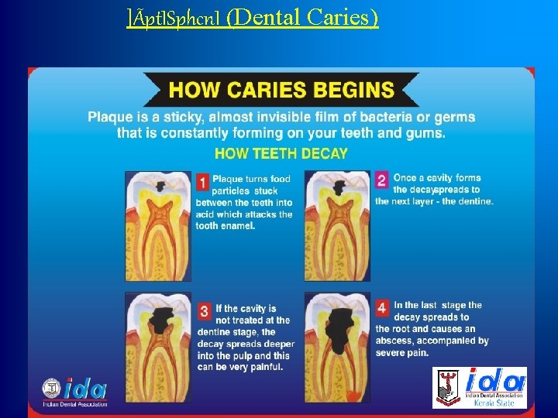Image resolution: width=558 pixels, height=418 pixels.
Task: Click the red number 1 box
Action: click(x=202, y=183)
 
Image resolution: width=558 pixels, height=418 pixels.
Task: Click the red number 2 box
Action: click(x=381, y=180)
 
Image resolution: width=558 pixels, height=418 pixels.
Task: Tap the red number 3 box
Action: click(x=205, y=312)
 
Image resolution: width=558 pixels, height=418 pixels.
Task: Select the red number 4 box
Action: click(x=382, y=308)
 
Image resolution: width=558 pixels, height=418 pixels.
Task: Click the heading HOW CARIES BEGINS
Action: click(x=281, y=89)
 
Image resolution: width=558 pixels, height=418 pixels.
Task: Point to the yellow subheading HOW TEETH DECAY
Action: click(x=281, y=153)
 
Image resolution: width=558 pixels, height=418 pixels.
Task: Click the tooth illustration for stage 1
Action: click(x=158, y=225)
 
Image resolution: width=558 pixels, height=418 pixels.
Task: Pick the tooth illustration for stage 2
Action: click(x=337, y=225)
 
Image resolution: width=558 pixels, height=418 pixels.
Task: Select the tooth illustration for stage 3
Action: click(x=158, y=344)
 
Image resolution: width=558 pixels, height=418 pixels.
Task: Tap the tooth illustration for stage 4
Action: click(x=337, y=344)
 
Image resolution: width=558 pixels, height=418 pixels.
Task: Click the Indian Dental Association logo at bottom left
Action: click(x=75, y=391)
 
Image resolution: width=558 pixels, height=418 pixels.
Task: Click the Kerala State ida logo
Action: click(x=479, y=388)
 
